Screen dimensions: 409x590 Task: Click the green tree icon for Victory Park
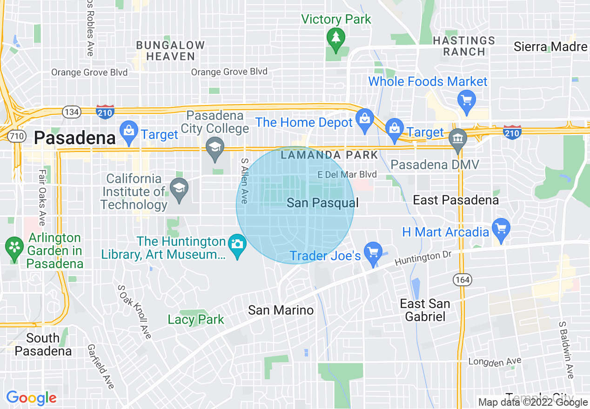point(335,37)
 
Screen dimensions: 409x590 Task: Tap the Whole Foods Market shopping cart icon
point(465,99)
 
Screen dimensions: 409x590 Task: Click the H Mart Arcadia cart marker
point(501,229)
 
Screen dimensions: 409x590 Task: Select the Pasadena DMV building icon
point(458,138)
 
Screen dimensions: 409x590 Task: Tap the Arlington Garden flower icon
point(15,246)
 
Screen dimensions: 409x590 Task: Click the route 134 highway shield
point(72,112)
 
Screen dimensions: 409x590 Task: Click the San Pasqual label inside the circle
point(322,203)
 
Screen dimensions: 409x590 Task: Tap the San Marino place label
point(281,310)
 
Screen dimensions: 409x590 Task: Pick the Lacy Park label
point(196,319)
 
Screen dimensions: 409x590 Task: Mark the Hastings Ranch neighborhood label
point(463,46)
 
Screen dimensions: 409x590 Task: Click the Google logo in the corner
point(31,398)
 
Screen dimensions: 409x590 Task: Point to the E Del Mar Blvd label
point(347,175)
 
